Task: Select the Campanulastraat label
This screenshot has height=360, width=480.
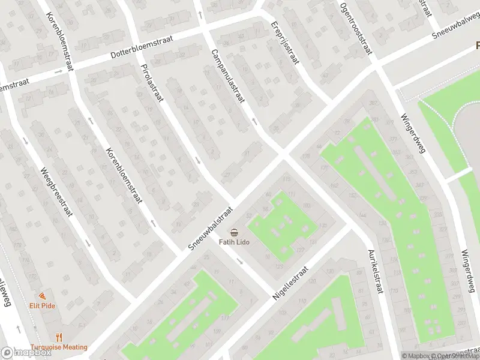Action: [x=227, y=75]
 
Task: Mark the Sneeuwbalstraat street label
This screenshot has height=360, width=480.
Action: [x=209, y=229]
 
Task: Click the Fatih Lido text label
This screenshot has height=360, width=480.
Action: [x=233, y=242]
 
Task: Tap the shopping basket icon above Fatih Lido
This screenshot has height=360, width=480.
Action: [x=233, y=232]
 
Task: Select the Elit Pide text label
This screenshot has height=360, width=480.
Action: [x=42, y=305]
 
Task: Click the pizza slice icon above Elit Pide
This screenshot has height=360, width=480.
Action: [x=42, y=296]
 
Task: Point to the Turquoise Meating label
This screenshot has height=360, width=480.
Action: [x=59, y=347]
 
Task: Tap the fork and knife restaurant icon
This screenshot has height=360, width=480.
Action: [x=59, y=338]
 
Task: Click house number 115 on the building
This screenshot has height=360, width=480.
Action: [x=286, y=180]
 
